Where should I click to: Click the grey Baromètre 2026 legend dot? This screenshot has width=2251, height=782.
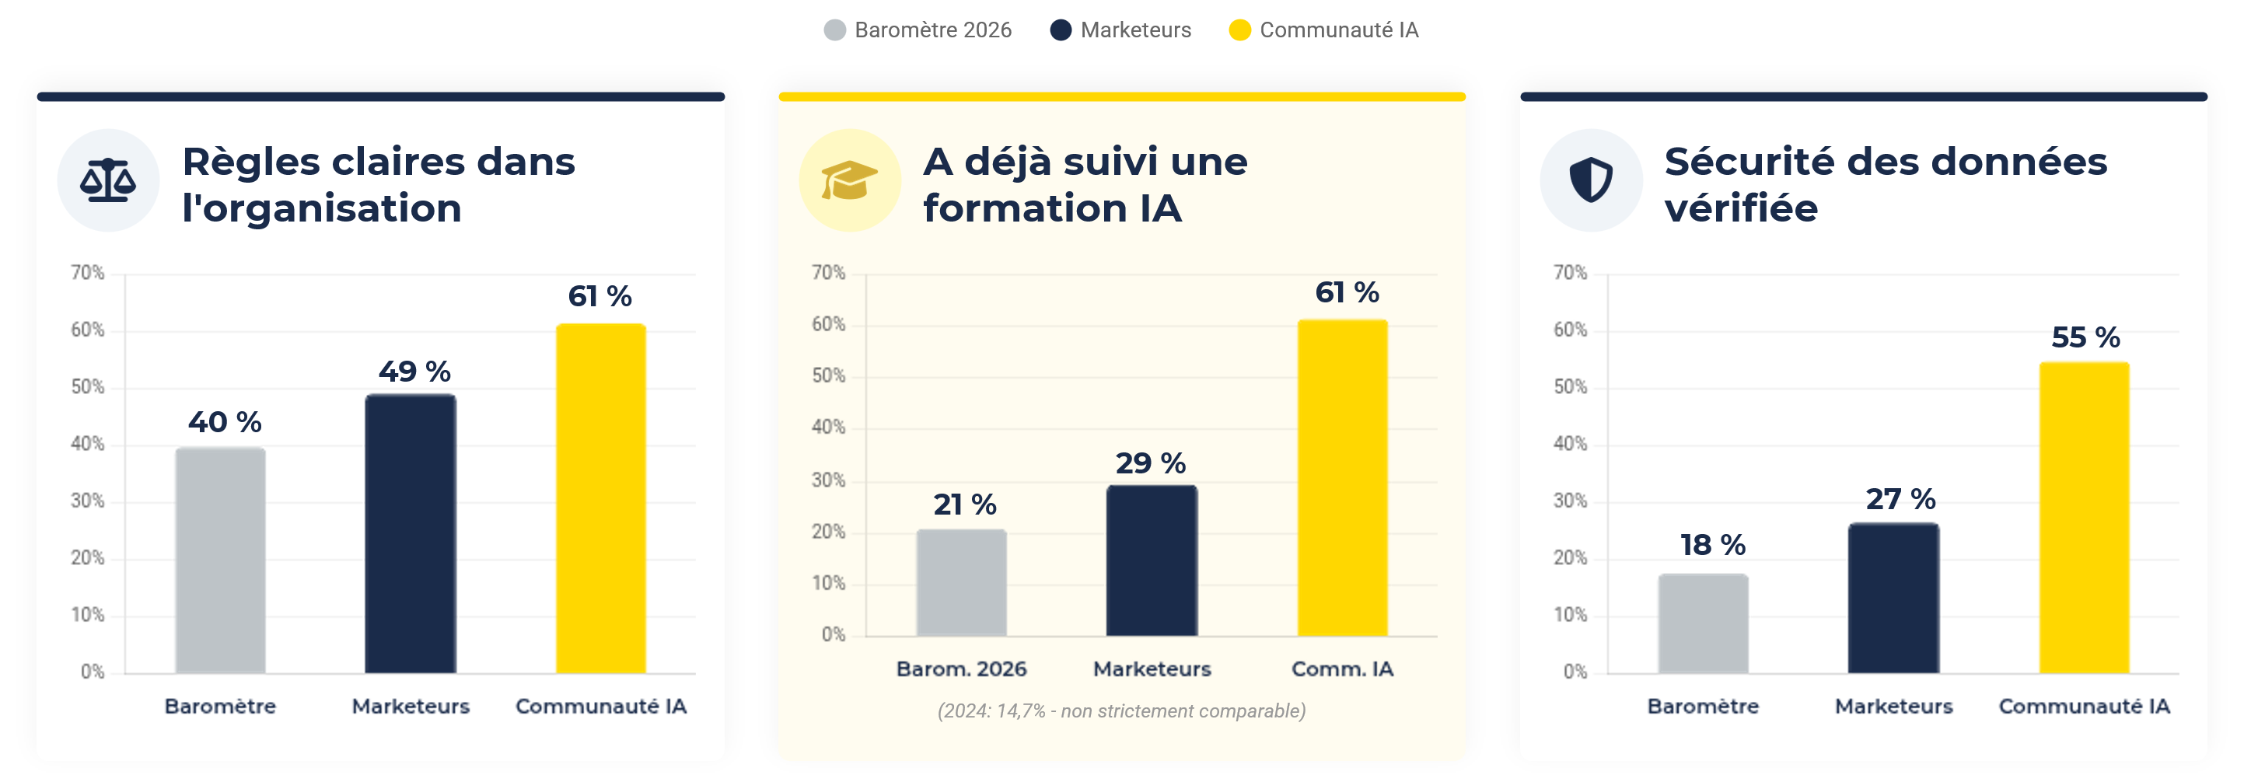click(834, 30)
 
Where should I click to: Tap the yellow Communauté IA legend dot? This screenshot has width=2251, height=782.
click(1239, 30)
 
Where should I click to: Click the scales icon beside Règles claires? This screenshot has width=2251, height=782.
click(107, 180)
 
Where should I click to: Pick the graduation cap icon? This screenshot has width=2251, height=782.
click(848, 180)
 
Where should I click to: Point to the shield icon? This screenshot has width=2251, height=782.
click(1590, 180)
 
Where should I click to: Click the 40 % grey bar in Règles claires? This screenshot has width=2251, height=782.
click(220, 559)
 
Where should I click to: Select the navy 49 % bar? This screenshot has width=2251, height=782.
click(411, 533)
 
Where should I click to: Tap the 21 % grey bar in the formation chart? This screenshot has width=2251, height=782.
click(961, 582)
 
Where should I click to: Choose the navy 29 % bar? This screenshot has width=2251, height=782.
click(1152, 560)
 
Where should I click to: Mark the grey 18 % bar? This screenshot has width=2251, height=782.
click(1703, 623)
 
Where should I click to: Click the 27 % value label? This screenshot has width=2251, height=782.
click(1900, 499)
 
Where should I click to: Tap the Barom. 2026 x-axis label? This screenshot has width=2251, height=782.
click(961, 669)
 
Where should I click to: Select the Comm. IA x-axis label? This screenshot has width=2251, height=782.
click(1342, 669)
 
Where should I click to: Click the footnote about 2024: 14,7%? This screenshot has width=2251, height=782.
click(1121, 711)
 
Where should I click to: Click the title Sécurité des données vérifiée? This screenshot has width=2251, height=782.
click(1885, 184)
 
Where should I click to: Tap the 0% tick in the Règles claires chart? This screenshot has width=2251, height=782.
click(92, 672)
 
